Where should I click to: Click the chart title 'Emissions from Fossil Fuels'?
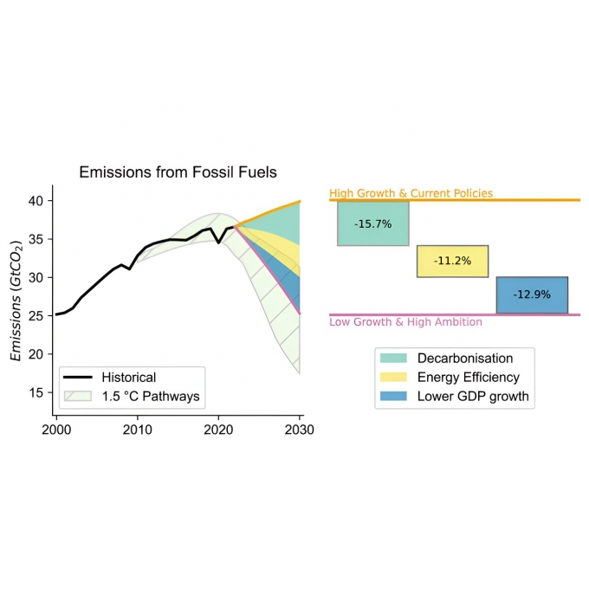178,172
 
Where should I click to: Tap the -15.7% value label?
373,223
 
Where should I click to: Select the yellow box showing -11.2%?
452,262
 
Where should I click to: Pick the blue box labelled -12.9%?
532,294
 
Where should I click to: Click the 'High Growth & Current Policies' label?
411,193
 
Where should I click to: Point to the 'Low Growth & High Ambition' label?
405,322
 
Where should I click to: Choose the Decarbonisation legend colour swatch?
394,359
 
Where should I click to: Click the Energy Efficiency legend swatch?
394,378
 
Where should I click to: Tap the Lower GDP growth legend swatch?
394,397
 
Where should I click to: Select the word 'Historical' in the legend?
128,378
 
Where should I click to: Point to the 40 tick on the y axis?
36,201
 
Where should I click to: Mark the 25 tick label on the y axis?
36,316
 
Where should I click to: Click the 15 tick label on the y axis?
36,392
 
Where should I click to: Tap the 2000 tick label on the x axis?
56,430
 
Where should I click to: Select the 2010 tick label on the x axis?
138,430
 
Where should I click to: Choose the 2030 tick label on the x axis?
300,430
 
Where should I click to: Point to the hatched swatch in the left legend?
79,397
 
